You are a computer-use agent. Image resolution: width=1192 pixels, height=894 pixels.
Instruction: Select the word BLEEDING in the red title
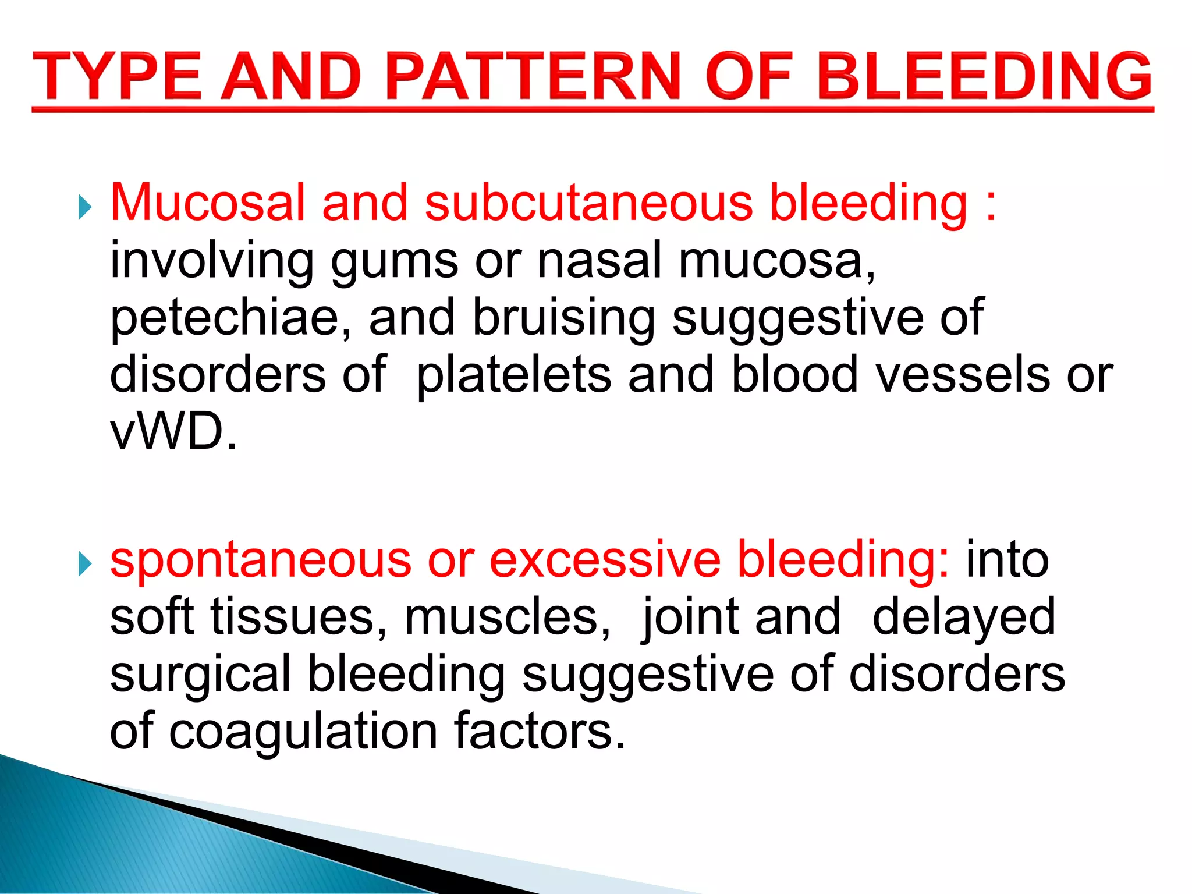984,77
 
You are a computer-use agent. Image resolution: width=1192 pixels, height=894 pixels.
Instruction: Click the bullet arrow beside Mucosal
85,207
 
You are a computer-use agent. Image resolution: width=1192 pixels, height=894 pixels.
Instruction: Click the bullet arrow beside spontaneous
85,563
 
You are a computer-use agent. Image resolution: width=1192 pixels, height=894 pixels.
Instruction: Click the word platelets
514,374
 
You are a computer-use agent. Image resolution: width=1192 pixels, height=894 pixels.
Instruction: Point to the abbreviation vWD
173,431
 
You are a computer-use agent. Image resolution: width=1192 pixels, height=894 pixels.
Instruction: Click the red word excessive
605,559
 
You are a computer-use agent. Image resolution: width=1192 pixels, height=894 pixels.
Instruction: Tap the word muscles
507,616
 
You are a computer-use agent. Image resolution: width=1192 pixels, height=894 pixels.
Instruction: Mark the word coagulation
303,732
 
